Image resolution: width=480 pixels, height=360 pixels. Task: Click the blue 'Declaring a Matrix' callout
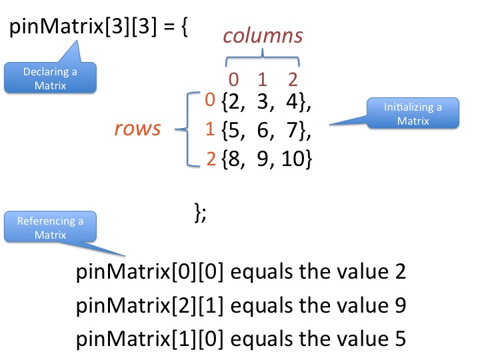pos(51,78)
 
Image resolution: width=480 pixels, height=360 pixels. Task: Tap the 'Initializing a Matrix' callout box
pos(413,113)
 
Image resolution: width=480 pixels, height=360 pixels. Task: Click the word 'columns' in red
pos(263,35)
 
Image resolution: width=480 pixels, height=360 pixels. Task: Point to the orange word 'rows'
pos(138,128)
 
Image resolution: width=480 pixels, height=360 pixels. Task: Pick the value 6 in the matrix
pos(261,131)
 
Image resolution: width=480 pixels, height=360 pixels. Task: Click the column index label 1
pos(262,80)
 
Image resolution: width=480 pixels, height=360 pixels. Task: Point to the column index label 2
pos(292,80)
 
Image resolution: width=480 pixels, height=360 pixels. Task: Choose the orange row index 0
pos(210,101)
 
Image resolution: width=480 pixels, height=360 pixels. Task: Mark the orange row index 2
pos(210,159)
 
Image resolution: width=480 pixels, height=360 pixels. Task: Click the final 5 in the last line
pos(399,338)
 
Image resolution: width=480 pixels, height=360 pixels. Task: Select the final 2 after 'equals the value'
pos(399,273)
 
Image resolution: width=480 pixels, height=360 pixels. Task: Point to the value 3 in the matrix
pos(261,103)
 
